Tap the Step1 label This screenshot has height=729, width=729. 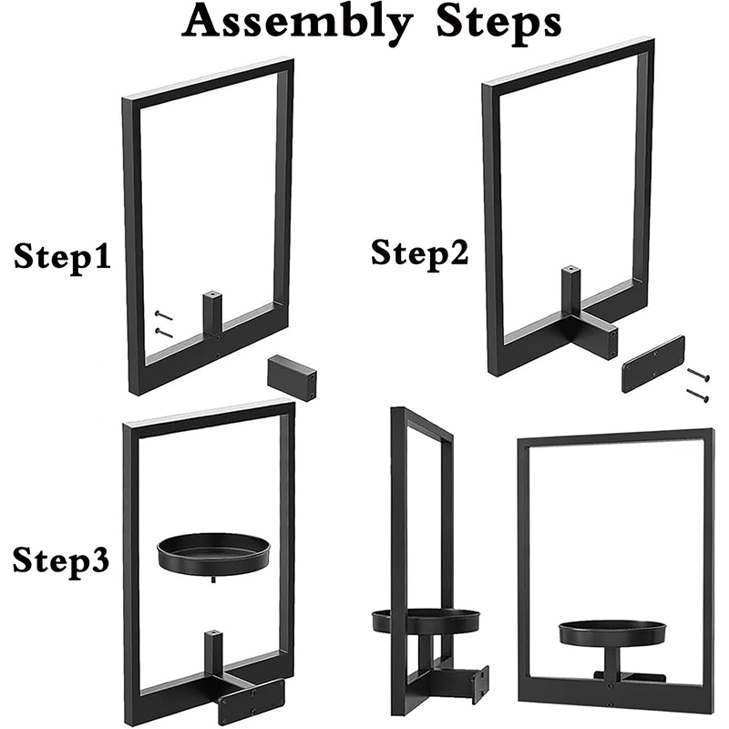click(62, 257)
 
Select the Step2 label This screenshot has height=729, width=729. click(419, 253)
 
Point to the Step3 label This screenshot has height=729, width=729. click(61, 560)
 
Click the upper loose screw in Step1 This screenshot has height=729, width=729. click(164, 315)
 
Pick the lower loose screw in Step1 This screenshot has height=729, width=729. click(164, 333)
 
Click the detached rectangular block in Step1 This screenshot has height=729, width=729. click(293, 377)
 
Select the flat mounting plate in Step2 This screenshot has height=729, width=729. click(653, 364)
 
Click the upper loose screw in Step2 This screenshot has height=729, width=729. click(698, 375)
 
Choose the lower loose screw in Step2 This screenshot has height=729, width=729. click(698, 395)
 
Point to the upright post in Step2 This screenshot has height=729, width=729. click(571, 289)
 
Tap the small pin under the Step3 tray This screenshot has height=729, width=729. click(213, 579)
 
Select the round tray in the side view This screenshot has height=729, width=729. click(426, 621)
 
